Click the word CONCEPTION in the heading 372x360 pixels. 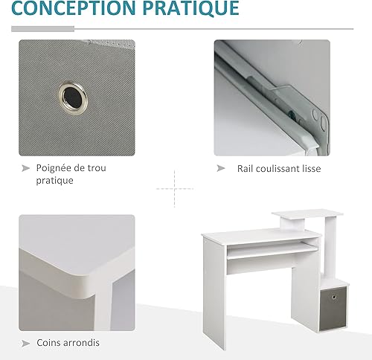pos(74,8)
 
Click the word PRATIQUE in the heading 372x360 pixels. pos(191,8)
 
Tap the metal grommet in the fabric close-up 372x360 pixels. pos(73,95)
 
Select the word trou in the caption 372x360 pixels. pos(97,168)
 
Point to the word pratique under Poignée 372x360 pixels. pos(54,181)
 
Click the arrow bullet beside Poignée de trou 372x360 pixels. pos(25,168)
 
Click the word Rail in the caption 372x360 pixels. pos(245,169)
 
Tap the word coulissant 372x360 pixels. pos(278,169)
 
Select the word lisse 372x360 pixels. pos(312,169)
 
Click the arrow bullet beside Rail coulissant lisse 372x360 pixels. pos(221,168)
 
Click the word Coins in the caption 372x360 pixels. pos(48,343)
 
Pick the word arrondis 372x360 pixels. pos(81,343)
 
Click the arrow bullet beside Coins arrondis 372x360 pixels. pos(25,344)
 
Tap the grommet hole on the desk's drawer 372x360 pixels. pos(334,297)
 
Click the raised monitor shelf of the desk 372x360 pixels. pos(307,214)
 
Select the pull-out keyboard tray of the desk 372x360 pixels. pos(272,251)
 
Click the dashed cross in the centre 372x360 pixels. pos(175,189)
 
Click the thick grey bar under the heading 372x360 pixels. pos(43,29)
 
